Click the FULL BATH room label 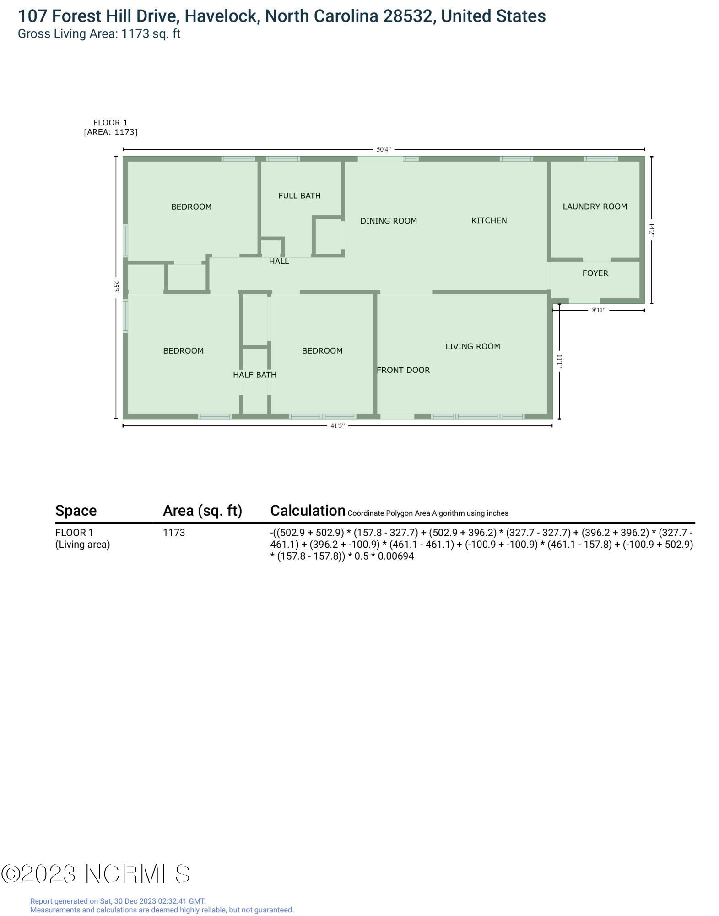(x=299, y=196)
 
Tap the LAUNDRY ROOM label (x=595, y=207)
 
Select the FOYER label (x=595, y=273)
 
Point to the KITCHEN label (x=489, y=220)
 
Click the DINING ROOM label (x=388, y=221)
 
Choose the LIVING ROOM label (x=472, y=346)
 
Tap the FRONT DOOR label (x=403, y=370)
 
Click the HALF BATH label (x=254, y=375)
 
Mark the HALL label (x=279, y=261)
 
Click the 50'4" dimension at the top (x=384, y=149)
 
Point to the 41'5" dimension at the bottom (x=337, y=426)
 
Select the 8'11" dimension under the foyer (x=598, y=310)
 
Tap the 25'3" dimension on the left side (x=116, y=288)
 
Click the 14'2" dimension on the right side (x=652, y=230)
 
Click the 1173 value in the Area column (x=174, y=533)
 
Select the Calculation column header (x=308, y=510)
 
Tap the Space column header (x=76, y=510)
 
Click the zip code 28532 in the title (x=407, y=16)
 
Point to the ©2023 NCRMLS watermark (x=95, y=874)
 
